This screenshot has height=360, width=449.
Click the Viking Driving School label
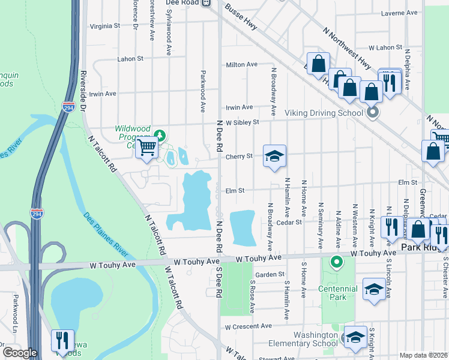pyautogui.click(x=324, y=112)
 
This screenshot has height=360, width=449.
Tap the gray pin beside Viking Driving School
pyautogui.click(x=373, y=112)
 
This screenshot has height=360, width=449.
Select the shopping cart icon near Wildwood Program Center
pyautogui.click(x=147, y=146)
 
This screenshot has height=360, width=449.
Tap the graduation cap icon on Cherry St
pyautogui.click(x=274, y=156)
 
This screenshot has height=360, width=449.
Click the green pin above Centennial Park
pyautogui.click(x=337, y=261)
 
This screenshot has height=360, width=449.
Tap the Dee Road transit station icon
pyautogui.click(x=206, y=3)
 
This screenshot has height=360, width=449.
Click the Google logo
pyautogui.click(x=20, y=353)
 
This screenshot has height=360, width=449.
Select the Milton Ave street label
pyautogui.click(x=241, y=65)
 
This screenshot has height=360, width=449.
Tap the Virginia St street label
pyautogui.click(x=105, y=26)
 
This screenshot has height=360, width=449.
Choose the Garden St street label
pyautogui.click(x=269, y=275)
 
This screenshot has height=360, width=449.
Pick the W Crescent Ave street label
pyautogui.click(x=249, y=327)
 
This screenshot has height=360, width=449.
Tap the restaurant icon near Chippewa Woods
pyautogui.click(x=62, y=340)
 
